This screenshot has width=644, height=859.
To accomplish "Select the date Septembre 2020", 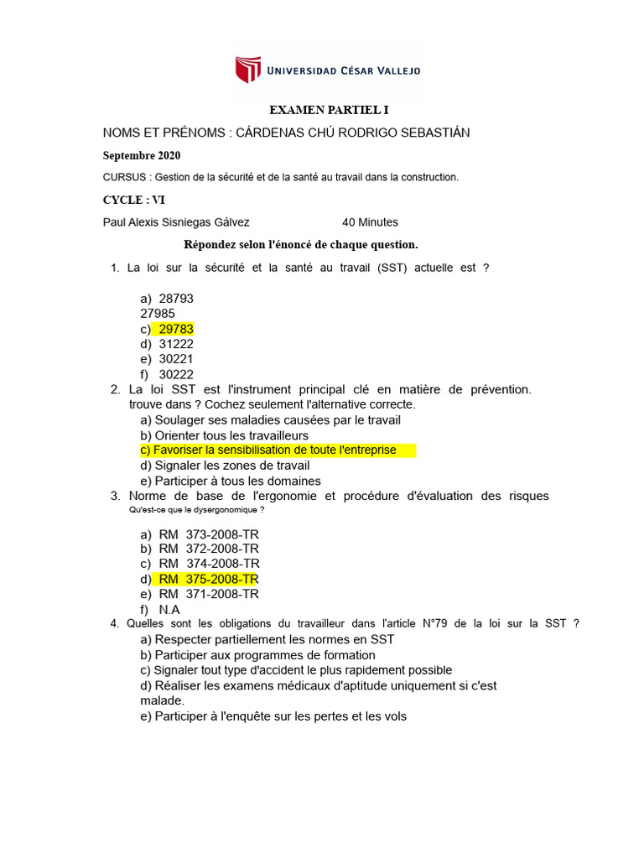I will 141,155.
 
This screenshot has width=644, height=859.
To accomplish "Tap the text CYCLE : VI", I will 134,200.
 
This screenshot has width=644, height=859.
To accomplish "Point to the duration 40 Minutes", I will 370,222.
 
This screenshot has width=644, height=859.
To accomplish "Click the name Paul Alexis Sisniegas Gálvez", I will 176,222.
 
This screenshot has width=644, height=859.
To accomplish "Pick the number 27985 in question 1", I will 158,314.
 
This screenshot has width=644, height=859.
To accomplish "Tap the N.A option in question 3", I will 169,610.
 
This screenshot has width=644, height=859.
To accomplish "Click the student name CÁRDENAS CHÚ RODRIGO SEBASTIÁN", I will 353,133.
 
